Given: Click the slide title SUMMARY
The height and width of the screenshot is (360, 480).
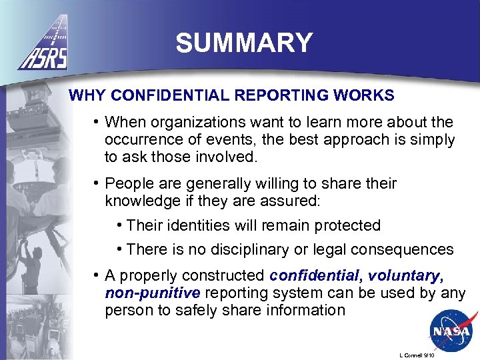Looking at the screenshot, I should [244, 43].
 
